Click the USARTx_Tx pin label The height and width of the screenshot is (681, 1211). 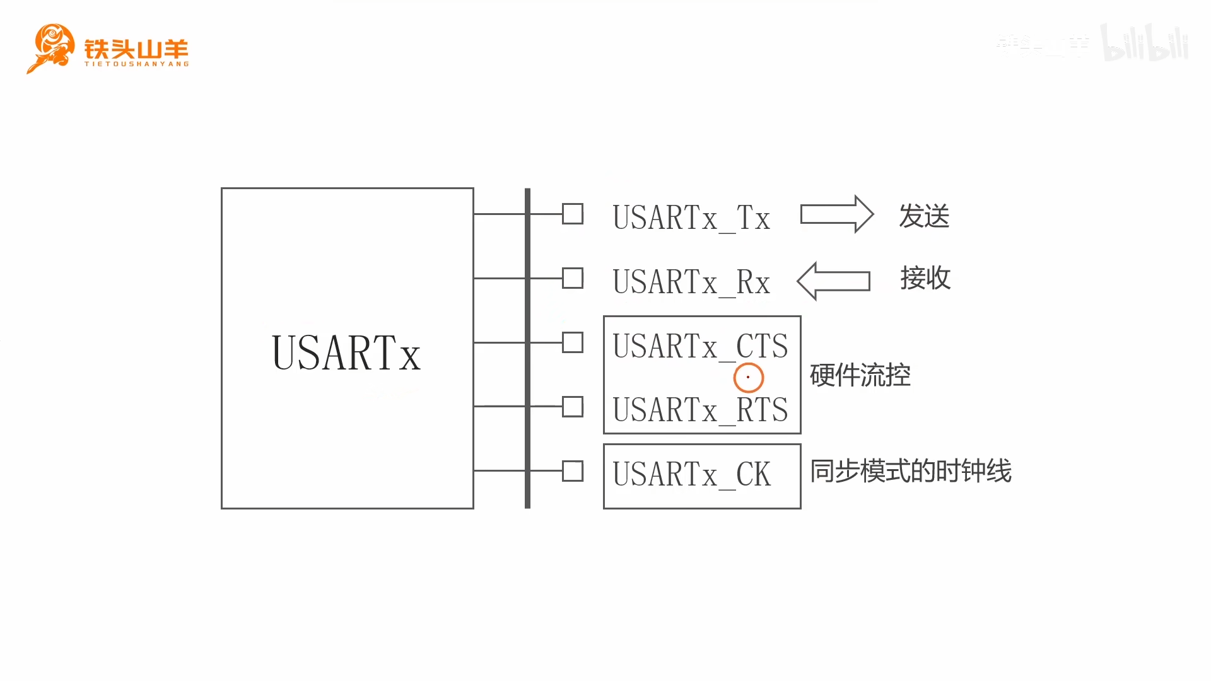691,218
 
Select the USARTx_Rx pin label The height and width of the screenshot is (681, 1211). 691,282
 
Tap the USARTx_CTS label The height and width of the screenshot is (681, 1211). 700,346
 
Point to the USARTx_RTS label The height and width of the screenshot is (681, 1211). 700,410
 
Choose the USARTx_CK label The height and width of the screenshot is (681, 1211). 691,474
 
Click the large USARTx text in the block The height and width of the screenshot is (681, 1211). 346,353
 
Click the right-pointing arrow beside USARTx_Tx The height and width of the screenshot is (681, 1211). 836,214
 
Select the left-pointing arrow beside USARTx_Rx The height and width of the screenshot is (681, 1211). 834,281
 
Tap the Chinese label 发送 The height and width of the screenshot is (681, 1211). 924,216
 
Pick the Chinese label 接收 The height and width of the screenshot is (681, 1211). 925,278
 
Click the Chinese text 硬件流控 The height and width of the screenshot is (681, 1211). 860,375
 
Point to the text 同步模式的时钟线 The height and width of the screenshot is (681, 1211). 911,471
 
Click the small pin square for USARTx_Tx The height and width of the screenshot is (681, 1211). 573,214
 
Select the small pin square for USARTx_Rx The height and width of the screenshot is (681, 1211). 573,278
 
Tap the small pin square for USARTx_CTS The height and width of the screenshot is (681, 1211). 573,342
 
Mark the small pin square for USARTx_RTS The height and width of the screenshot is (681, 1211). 573,407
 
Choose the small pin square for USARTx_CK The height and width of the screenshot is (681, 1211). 573,471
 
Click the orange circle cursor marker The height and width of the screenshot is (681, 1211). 749,378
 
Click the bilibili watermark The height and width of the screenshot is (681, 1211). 1144,43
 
